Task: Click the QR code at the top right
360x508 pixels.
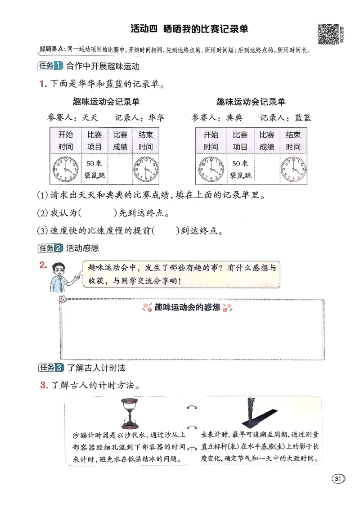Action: coord(328,34)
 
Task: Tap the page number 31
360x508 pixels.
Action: coord(338,478)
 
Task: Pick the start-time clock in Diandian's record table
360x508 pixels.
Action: coord(211,168)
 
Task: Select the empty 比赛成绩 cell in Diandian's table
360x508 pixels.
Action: coord(267,168)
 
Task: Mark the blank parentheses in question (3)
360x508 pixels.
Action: coord(166,231)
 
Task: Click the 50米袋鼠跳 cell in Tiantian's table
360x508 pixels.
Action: coord(94,168)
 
